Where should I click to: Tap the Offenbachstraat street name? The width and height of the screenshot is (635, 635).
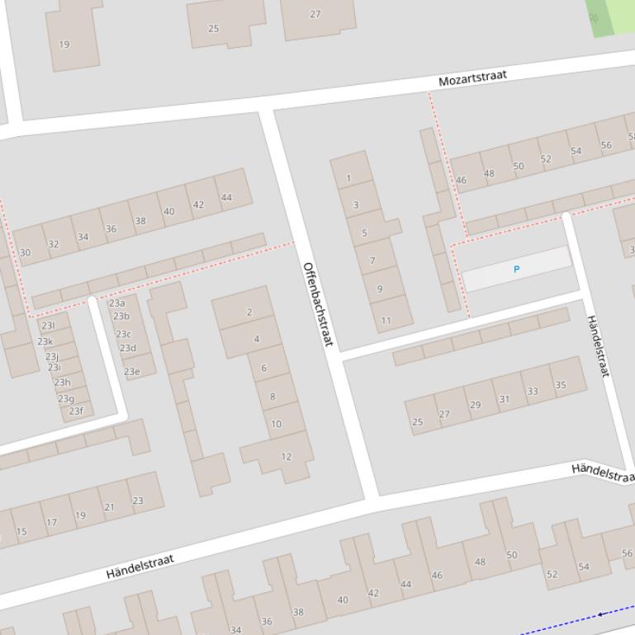[317, 303]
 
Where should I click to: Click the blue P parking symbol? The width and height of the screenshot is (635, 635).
[517, 270]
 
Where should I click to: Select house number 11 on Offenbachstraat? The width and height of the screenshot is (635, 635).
[386, 321]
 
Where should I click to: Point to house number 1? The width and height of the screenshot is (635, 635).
[348, 178]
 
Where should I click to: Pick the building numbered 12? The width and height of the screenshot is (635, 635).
[286, 456]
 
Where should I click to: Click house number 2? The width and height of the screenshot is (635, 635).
[249, 313]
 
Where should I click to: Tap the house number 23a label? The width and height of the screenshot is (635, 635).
[117, 303]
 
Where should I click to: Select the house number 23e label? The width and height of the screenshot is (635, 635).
[131, 372]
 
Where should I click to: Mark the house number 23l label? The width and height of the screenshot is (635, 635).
[48, 326]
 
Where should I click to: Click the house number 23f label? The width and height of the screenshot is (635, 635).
[76, 411]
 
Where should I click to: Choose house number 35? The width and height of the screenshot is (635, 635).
[561, 385]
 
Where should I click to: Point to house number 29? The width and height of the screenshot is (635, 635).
[475, 405]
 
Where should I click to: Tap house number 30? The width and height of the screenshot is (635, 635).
[25, 253]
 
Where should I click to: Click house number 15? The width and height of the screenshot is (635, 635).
[21, 531]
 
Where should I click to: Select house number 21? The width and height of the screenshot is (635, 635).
[109, 507]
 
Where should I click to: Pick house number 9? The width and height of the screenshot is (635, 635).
[380, 289]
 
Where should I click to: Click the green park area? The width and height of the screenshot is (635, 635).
[609, 16]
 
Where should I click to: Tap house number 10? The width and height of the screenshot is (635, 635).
[276, 424]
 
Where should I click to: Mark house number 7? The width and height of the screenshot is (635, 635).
[372, 261]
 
